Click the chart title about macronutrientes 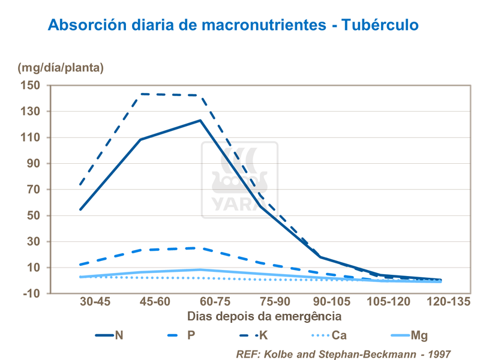point(233,25)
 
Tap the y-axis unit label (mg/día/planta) point(61,67)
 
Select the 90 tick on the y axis point(33,163)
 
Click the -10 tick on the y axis point(31,293)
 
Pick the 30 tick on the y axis point(33,241)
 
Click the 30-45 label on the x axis point(95,302)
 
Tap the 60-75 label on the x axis point(215,302)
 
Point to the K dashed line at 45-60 point(140,94)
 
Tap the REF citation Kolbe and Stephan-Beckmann point(343,354)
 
